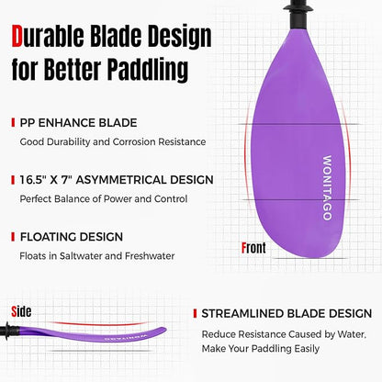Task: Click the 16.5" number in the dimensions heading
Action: [37, 179]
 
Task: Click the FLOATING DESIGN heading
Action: [71, 236]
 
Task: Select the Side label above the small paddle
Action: [21, 310]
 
